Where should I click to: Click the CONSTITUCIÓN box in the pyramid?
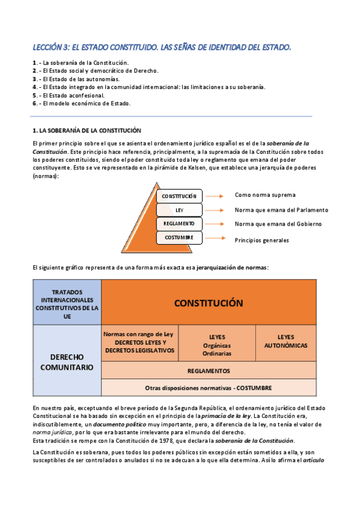[x=179, y=196]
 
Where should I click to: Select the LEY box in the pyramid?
[x=179, y=210]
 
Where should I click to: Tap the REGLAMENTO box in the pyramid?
[x=179, y=224]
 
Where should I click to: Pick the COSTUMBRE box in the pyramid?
[x=179, y=238]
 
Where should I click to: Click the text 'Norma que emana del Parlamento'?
[x=281, y=210]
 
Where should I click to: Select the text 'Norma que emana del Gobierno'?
[x=278, y=224]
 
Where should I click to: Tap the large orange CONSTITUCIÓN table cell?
[x=209, y=303]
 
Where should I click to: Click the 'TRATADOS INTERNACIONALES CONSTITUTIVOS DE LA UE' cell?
[x=67, y=303]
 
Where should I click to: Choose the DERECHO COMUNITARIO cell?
[x=67, y=361]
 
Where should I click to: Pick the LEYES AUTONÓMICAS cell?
[x=285, y=342]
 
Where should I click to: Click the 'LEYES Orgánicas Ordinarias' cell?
[x=217, y=345]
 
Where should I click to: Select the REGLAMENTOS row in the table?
[x=209, y=370]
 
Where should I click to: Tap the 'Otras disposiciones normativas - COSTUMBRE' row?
[x=209, y=387]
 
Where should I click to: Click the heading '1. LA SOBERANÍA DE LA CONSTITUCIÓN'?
[x=87, y=130]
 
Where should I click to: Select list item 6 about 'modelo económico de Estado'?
[x=81, y=103]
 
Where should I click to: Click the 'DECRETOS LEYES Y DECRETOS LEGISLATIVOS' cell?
[x=140, y=343]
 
